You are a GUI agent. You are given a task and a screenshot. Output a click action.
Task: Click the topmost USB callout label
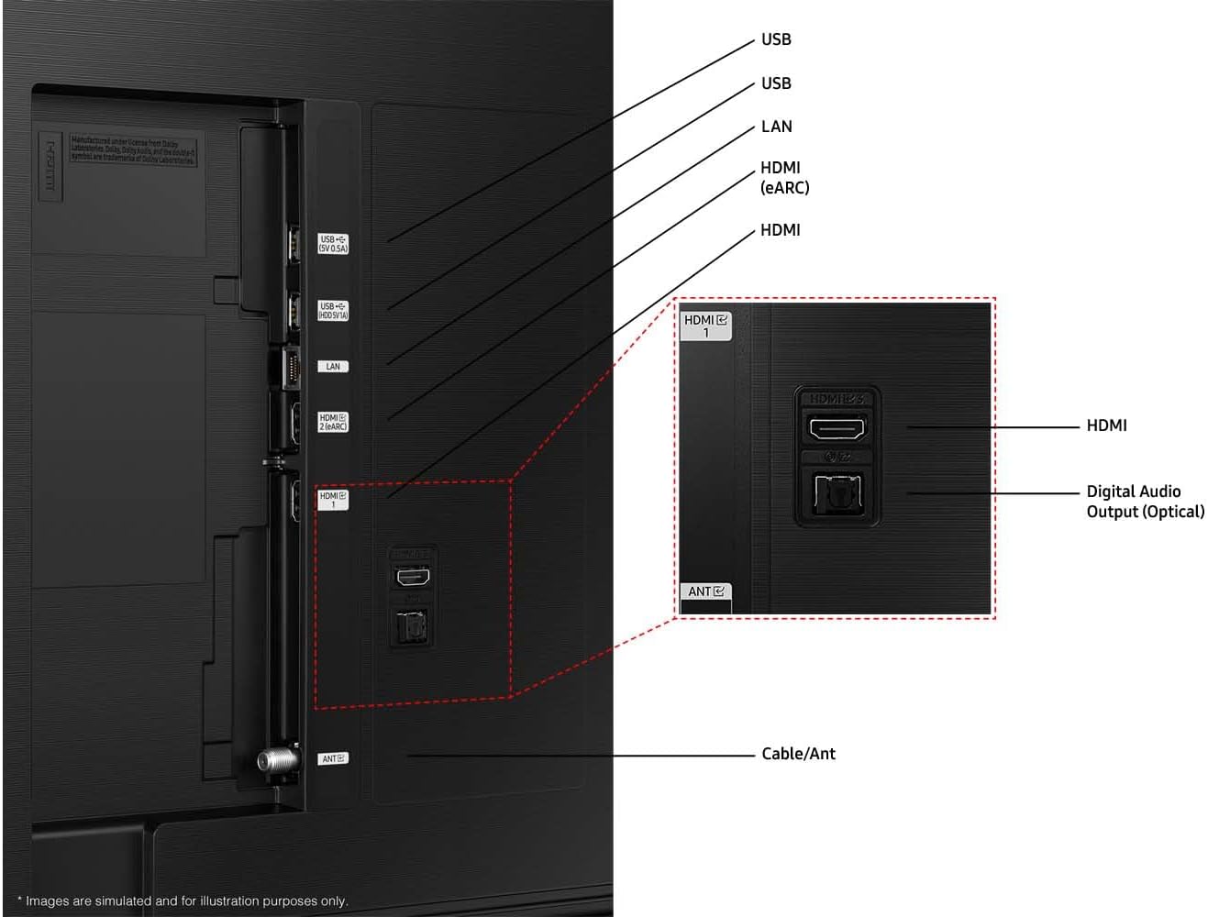tap(776, 39)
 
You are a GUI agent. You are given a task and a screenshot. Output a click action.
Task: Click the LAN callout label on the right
tap(776, 127)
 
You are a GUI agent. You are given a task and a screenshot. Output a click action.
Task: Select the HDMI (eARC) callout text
tap(784, 177)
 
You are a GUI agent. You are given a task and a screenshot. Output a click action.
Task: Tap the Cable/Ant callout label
tap(798, 754)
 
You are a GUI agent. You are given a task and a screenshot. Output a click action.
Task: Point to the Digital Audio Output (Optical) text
tap(1145, 502)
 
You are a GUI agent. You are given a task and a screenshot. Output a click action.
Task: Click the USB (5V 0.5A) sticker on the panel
tap(333, 244)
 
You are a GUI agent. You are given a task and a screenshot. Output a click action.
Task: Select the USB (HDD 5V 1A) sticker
tap(333, 310)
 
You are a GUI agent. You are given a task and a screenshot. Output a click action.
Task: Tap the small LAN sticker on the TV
tap(333, 367)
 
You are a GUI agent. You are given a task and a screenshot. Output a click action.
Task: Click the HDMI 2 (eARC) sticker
tap(333, 422)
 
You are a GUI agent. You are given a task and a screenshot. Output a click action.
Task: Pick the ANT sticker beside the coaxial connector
tap(332, 758)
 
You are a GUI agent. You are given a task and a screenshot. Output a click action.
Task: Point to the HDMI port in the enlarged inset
tap(836, 427)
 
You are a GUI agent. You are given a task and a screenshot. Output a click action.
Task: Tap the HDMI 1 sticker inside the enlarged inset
tap(705, 326)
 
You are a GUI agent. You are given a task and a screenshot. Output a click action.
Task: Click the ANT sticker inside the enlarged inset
tap(705, 591)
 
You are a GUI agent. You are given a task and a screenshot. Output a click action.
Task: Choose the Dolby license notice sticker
tap(133, 151)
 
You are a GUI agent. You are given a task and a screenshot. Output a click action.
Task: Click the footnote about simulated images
tap(183, 901)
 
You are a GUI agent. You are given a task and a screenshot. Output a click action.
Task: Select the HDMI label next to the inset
tap(1106, 425)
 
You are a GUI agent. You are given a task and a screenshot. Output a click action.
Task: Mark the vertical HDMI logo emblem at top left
tap(50, 166)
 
